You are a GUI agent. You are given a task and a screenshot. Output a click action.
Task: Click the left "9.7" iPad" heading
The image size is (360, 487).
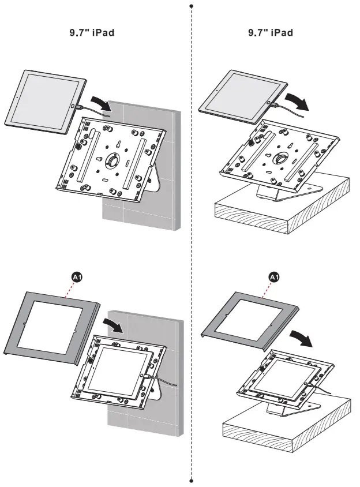[91, 33]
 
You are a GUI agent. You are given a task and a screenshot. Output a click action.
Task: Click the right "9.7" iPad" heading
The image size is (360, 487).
[271, 33]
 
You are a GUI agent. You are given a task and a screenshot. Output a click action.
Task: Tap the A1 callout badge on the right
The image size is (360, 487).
[275, 278]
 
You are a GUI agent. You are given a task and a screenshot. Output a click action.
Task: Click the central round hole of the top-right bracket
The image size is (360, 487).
[282, 159]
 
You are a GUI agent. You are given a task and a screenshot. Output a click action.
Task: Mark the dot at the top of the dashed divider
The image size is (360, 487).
[191, 6]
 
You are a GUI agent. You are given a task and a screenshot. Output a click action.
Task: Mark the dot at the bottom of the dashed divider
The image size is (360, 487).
[191, 479]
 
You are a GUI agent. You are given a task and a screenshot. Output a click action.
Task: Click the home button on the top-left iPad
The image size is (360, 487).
[71, 107]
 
